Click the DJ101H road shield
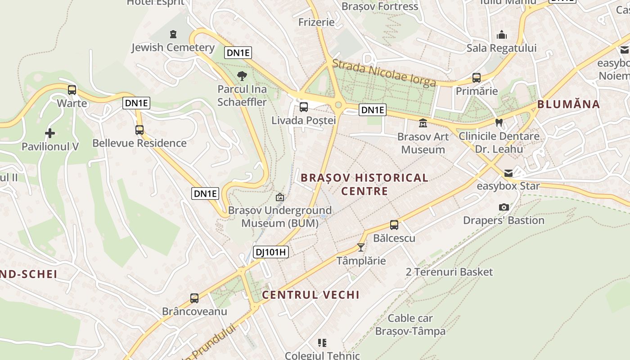pyautogui.click(x=270, y=252)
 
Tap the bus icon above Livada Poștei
pyautogui.click(x=304, y=107)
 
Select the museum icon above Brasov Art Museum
pyautogui.click(x=423, y=123)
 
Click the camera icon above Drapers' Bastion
pyautogui.click(x=504, y=207)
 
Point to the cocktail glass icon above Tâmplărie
pyautogui.click(x=361, y=247)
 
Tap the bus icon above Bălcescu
pyautogui.click(x=394, y=225)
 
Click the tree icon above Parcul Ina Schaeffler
pyautogui.click(x=242, y=76)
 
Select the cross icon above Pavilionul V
pyautogui.click(x=50, y=133)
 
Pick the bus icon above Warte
pyautogui.click(x=72, y=90)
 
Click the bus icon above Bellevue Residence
pyautogui.click(x=139, y=130)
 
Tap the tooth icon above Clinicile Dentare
pyautogui.click(x=499, y=122)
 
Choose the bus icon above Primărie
pyautogui.click(x=477, y=78)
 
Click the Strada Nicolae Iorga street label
pyautogui.click(x=384, y=73)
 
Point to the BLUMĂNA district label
pyautogui.click(x=569, y=104)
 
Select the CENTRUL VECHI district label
pyautogui.click(x=310, y=295)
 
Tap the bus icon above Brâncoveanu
pyautogui.click(x=194, y=298)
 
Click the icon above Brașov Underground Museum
pyautogui.click(x=280, y=197)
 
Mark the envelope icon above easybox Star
pyautogui.click(x=508, y=173)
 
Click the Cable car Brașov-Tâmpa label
pyautogui.click(x=410, y=324)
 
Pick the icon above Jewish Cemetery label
pyautogui.click(x=173, y=34)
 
